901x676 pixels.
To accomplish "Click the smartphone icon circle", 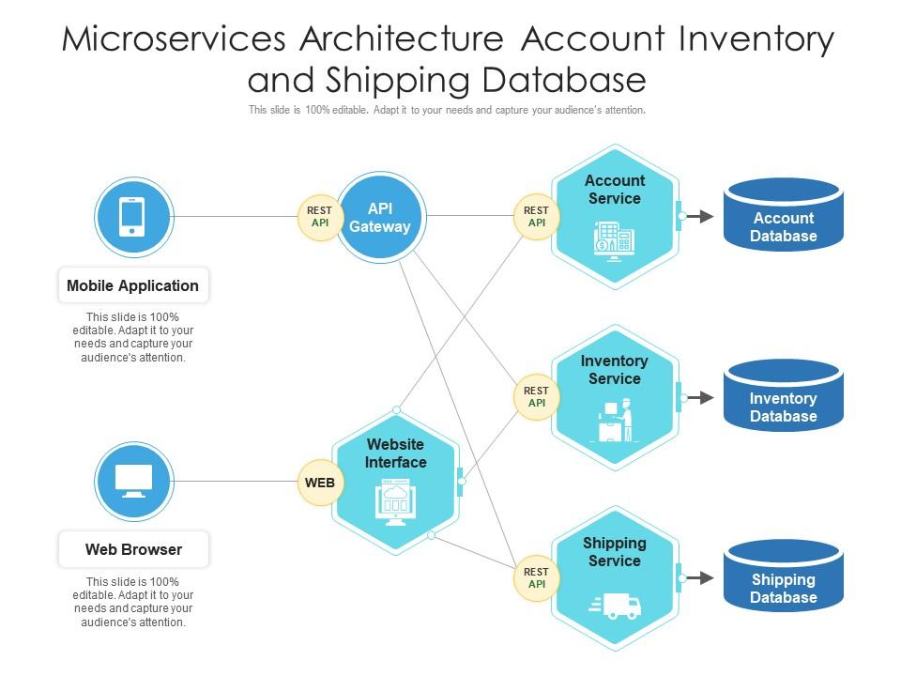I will tap(133, 217).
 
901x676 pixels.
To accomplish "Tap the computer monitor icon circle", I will tap(133, 482).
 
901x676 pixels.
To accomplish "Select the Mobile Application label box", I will tap(133, 285).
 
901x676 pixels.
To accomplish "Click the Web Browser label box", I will tap(133, 549).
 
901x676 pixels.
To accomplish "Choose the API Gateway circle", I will tap(380, 217).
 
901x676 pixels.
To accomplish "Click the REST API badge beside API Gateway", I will tap(320, 217).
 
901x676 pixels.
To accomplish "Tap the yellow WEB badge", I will tap(320, 483).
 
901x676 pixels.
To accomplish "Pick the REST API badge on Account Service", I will tap(536, 217).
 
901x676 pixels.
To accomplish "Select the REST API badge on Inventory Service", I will tap(536, 397).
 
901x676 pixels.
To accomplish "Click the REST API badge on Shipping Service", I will tap(536, 578).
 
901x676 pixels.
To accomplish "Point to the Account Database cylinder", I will tap(783, 216).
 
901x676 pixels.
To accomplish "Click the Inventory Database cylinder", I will tap(783, 397).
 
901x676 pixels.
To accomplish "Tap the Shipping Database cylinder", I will tap(783, 578).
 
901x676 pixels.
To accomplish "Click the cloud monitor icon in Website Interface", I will tap(395, 502).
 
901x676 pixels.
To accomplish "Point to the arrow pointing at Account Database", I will tap(699, 217).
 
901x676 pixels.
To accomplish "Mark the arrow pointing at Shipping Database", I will tap(699, 578).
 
